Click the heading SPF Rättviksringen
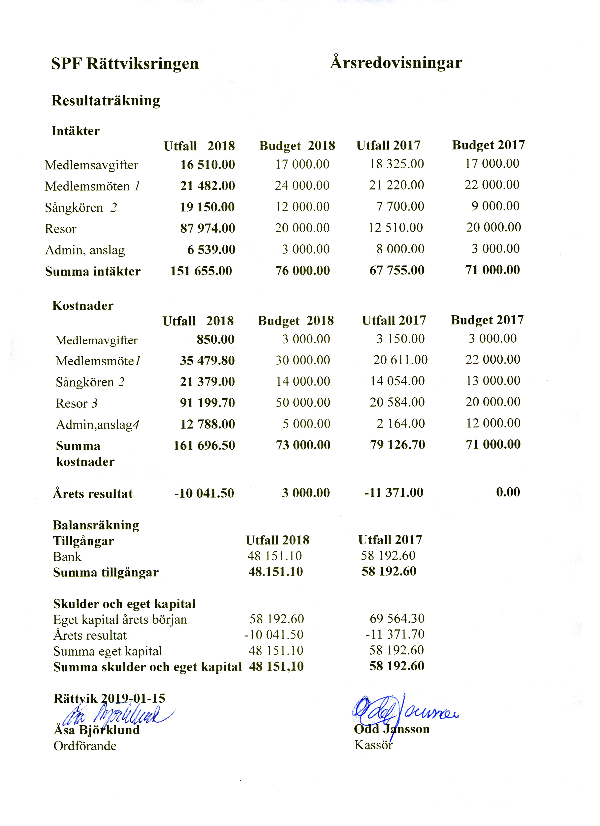125,64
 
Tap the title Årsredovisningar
396,63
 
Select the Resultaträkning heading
106,101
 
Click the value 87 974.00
208,228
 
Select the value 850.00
216,339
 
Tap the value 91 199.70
207,403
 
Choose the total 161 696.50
204,445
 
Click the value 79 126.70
398,445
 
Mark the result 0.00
508,492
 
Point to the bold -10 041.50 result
204,493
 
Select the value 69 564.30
397,618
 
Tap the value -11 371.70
395,634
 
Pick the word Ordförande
85,746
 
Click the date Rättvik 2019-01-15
109,698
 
